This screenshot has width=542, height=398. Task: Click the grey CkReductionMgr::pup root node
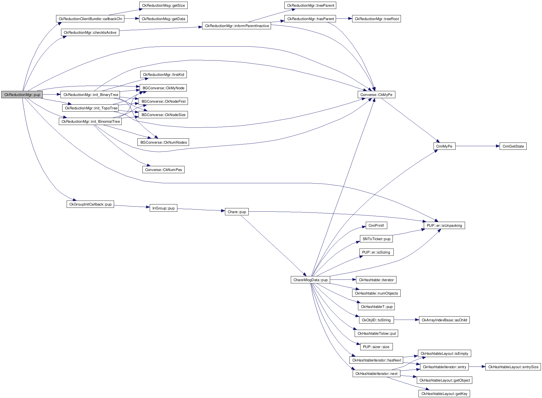(22, 95)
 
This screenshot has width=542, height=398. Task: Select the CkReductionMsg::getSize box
(163, 6)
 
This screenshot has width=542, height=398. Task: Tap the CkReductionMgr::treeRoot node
(376, 19)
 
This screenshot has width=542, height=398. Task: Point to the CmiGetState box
(513, 146)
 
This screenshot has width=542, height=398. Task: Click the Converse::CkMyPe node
(376, 95)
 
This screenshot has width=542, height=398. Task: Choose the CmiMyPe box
(444, 146)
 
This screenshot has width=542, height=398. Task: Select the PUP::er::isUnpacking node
(444, 226)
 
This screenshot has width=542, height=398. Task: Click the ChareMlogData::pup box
(310, 280)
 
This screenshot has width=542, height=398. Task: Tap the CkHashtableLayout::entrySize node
(513, 367)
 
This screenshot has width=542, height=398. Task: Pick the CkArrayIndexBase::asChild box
(444, 320)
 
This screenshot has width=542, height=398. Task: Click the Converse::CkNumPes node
(163, 170)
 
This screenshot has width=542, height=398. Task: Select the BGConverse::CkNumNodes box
(163, 143)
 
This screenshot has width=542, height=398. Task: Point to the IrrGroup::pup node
(163, 208)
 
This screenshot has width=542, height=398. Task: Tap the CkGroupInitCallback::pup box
(90, 204)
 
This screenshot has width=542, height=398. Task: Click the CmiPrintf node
(376, 226)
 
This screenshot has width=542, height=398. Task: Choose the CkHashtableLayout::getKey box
(444, 394)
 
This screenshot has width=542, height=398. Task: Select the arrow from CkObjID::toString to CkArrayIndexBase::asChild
(406, 320)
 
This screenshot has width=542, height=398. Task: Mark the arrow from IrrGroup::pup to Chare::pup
(201, 210)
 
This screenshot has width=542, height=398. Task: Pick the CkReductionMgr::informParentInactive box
(237, 26)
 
